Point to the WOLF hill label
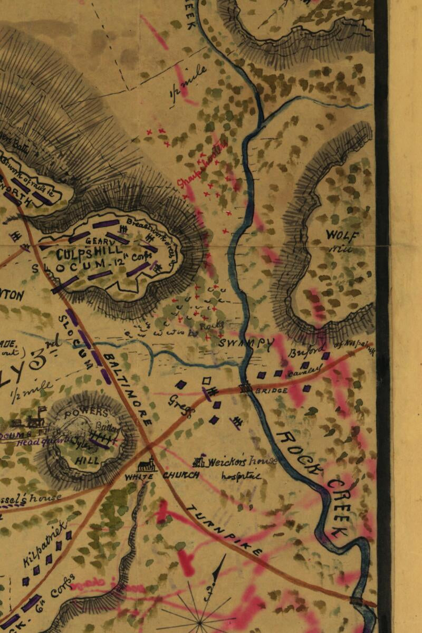342,235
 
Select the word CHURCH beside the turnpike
181,475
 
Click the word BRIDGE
272,391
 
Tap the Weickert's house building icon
199,462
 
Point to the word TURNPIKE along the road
224,529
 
